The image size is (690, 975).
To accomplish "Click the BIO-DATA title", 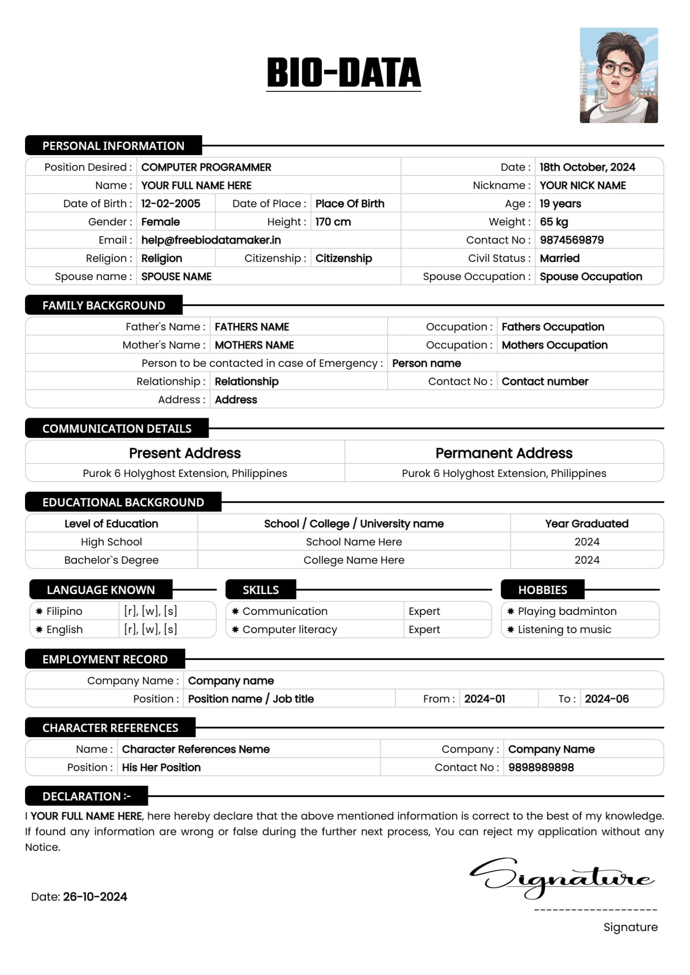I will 343,73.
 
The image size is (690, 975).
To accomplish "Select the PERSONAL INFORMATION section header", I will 113,145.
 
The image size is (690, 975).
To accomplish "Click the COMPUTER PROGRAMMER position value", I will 206,167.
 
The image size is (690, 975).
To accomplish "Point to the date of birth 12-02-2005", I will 170,204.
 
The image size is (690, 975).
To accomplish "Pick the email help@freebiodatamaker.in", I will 211,241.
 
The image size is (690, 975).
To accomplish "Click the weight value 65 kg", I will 554,222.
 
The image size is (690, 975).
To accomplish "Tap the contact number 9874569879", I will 572,241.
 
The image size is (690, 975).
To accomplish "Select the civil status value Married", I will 559,258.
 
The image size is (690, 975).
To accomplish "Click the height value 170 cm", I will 332,222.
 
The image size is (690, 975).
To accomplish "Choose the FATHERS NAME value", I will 252,327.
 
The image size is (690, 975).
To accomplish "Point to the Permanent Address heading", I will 504,453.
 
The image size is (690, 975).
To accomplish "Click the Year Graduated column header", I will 587,524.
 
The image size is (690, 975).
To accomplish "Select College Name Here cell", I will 353,560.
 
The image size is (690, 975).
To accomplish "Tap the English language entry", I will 65,629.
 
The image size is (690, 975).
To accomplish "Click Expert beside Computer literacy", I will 424,629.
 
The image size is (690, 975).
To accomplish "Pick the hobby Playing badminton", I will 567,611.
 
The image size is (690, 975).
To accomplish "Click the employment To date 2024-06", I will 606,699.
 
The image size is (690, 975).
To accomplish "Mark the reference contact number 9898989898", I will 541,767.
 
